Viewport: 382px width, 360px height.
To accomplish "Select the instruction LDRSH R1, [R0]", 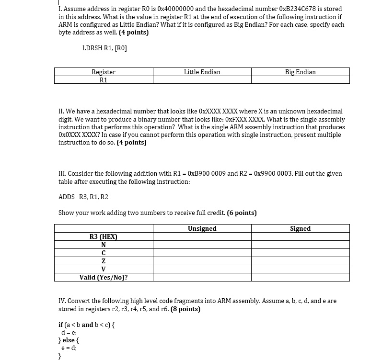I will [x=104, y=48].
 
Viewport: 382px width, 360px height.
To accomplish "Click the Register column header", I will [x=104, y=72].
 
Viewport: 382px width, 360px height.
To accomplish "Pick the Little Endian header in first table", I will [x=202, y=72].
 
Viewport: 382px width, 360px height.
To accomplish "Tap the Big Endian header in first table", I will [x=300, y=72].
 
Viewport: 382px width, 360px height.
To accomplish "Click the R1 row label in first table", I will [x=104, y=80].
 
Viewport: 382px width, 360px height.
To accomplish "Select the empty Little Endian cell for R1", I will [x=202, y=80].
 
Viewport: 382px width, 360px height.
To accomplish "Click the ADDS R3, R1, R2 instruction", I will [x=83, y=197].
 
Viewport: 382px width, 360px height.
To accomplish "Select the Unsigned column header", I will [x=202, y=229].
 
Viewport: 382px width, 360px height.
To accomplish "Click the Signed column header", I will [x=300, y=229].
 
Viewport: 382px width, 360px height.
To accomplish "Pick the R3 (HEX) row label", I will [x=104, y=237].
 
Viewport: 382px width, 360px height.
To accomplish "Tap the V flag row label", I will [x=104, y=269].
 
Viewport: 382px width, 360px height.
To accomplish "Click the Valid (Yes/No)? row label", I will [x=104, y=277].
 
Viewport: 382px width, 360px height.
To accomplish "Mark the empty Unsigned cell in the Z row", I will [x=202, y=261].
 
